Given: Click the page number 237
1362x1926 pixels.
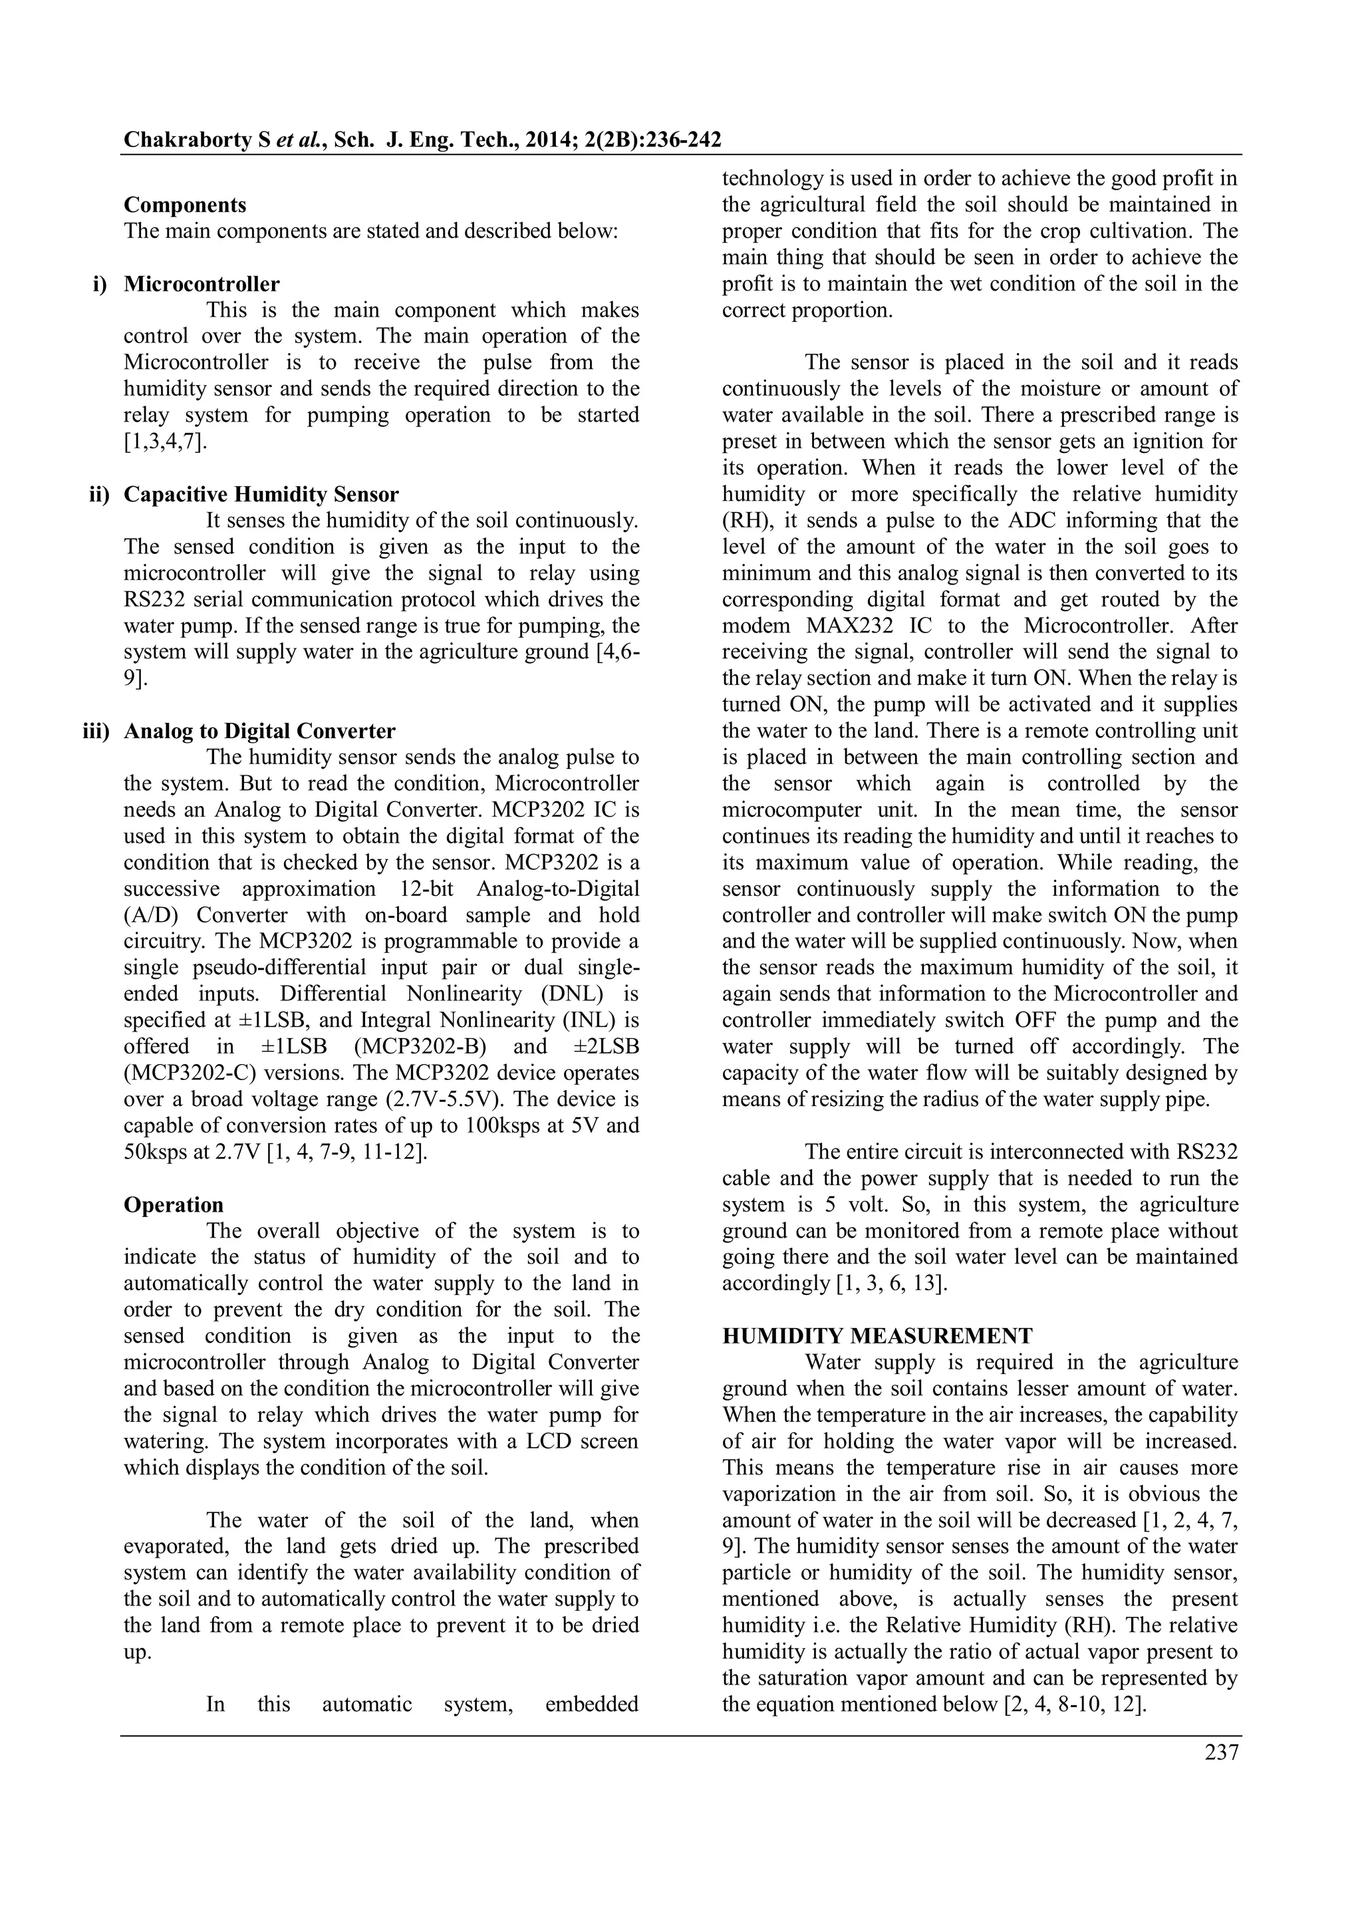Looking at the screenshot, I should point(1221,1752).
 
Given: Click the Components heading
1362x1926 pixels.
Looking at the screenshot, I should point(184,205).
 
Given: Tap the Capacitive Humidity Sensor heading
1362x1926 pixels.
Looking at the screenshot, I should point(261,494).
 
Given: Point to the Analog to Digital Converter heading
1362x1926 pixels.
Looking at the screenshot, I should point(259,731).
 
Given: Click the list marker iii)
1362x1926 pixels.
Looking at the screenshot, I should point(96,731).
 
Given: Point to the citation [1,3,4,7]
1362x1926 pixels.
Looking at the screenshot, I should point(165,441).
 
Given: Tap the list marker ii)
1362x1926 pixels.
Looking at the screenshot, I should point(99,494).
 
